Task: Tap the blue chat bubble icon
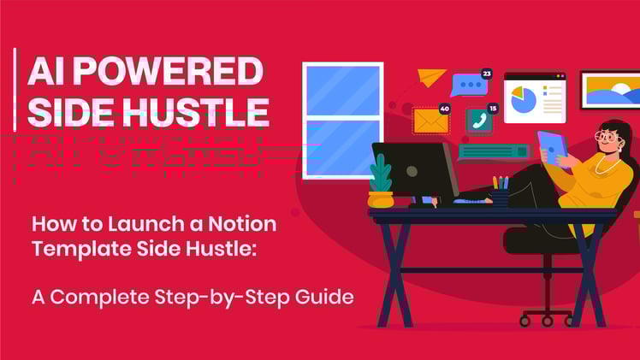tap(467, 85)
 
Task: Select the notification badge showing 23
tap(486, 74)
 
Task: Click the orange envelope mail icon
tap(430, 121)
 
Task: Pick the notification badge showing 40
tap(444, 109)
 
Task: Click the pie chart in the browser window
tap(523, 100)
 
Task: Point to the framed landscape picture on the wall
tap(608, 90)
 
